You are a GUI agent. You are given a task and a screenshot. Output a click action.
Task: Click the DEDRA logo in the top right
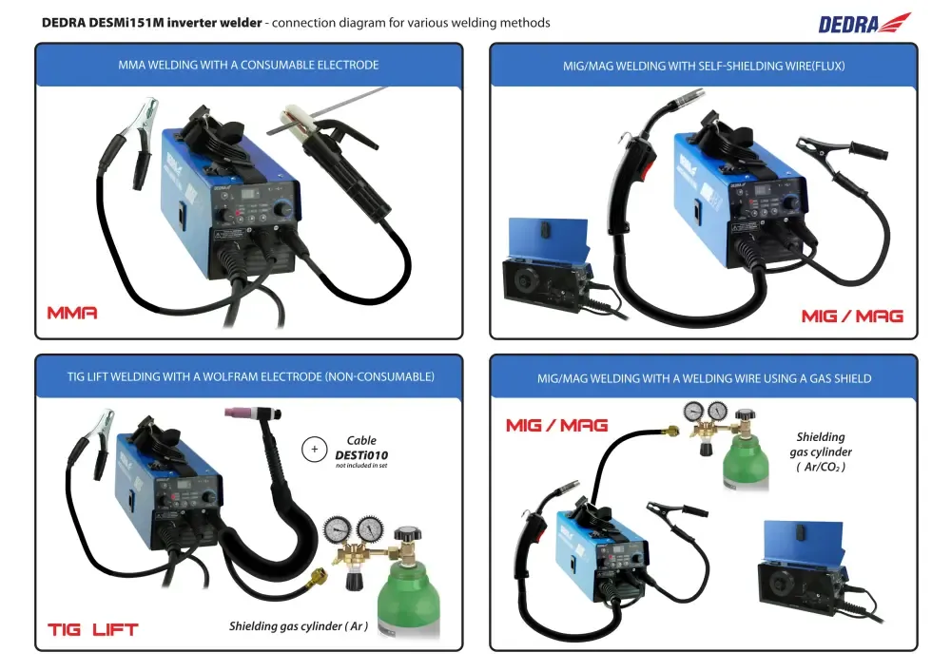coord(864,23)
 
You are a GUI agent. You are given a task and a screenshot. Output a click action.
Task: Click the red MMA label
coord(72,313)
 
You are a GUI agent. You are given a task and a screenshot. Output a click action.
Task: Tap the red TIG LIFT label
coord(92,629)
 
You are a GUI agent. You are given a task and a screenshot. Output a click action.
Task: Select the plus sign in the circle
coord(313,449)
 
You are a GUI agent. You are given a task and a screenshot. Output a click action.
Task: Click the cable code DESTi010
coord(361,455)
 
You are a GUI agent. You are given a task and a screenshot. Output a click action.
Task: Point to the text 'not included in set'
coord(361,467)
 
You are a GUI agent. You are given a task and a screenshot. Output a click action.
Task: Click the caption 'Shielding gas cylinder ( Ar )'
coord(298,626)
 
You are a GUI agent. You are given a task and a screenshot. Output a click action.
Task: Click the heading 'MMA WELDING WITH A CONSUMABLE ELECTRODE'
coord(248,66)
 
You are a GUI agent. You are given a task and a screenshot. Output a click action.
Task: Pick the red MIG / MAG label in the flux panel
coord(852,316)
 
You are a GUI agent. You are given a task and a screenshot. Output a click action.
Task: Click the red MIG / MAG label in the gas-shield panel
coord(556,425)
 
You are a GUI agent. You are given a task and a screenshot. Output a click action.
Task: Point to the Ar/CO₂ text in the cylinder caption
coord(821,467)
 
